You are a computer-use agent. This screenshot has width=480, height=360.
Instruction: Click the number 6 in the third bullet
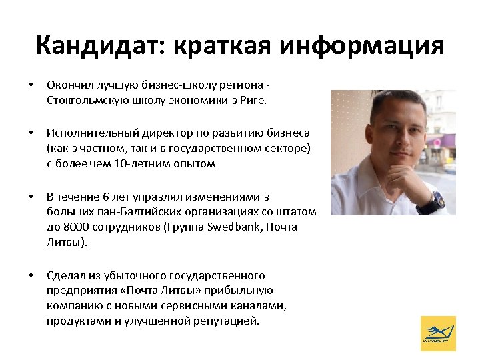pos(107,197)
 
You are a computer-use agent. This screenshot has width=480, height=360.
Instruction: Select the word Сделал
pos(65,275)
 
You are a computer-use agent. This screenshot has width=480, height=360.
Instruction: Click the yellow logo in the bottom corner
pos(439,333)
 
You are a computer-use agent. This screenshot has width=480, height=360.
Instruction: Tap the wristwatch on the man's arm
pos(436,199)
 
